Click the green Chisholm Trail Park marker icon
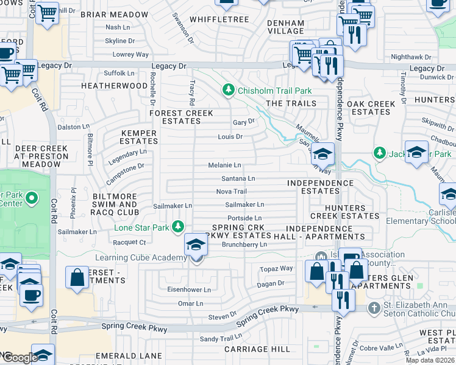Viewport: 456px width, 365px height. coord(229,91)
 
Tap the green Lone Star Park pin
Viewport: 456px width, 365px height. coord(177,227)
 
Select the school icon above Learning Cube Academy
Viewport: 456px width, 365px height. coord(196,245)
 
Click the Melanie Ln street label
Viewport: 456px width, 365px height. coord(224,165)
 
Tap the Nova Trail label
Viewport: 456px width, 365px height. coord(231,192)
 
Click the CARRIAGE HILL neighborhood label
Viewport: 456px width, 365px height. coord(257,349)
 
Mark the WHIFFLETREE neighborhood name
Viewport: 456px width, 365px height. coord(219,19)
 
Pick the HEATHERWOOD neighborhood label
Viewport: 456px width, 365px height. coord(114,86)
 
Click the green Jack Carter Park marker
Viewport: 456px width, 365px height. coord(380,152)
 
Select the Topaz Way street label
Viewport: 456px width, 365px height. coord(277,268)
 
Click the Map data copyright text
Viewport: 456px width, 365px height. coord(430,360)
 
